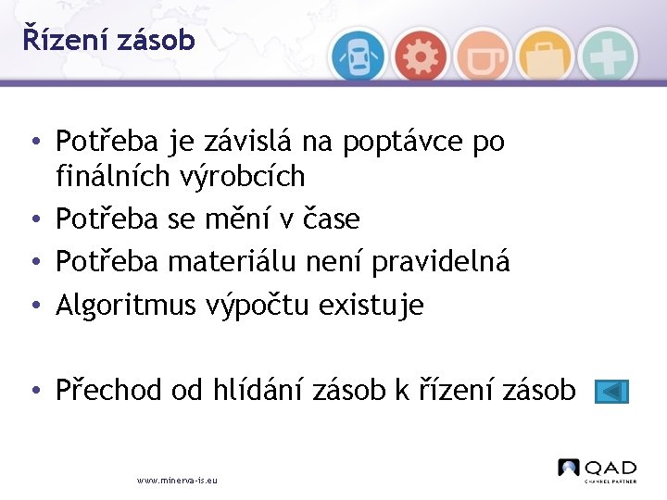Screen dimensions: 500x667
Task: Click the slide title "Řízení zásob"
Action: [x=109, y=40]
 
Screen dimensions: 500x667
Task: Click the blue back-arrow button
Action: [x=611, y=392]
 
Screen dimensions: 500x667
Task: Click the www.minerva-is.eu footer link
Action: [x=177, y=481]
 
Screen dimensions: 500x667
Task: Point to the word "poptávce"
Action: [x=404, y=142]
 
